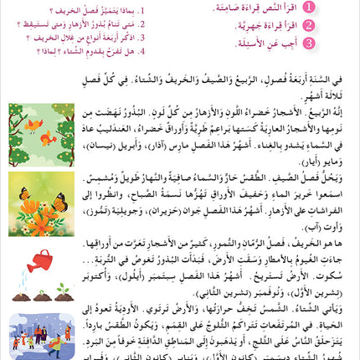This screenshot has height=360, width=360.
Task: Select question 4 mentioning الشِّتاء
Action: [x=84, y=50]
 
